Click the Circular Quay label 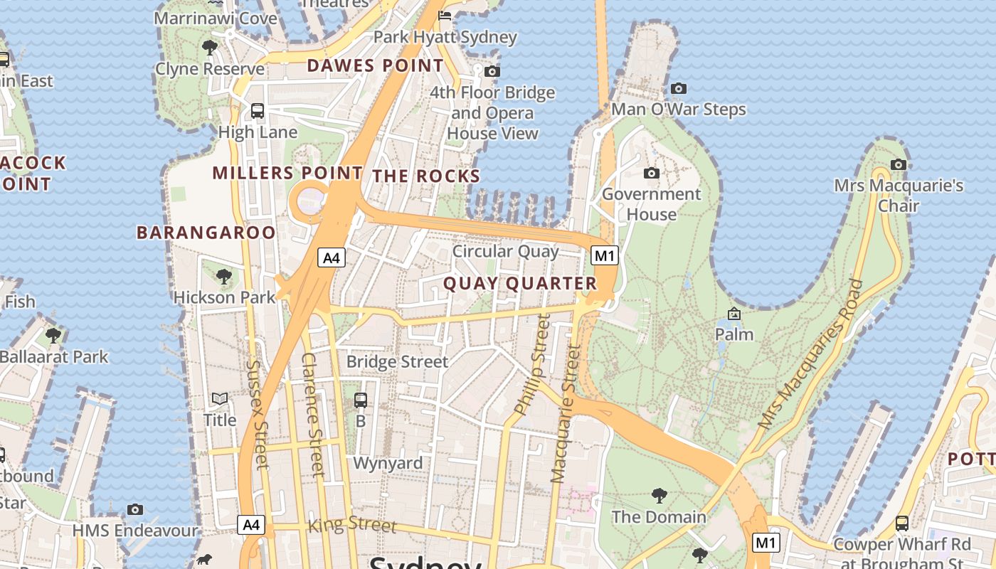[x=505, y=251]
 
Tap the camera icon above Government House [x=651, y=173]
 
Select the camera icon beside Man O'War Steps [x=679, y=88]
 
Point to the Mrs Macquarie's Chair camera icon [x=899, y=164]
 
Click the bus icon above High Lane [x=258, y=111]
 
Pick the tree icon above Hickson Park [x=224, y=276]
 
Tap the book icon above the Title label [x=220, y=399]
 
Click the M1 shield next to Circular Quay [x=605, y=255]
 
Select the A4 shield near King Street [x=251, y=525]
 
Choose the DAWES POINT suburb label [x=375, y=66]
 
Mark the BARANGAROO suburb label [x=206, y=233]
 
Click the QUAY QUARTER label [x=520, y=284]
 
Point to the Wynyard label [x=388, y=463]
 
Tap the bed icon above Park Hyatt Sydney [x=445, y=16]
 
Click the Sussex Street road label [x=257, y=413]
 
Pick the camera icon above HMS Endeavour [x=135, y=509]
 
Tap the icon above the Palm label [x=734, y=314]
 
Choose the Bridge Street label [x=397, y=361]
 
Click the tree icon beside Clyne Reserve [x=209, y=48]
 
